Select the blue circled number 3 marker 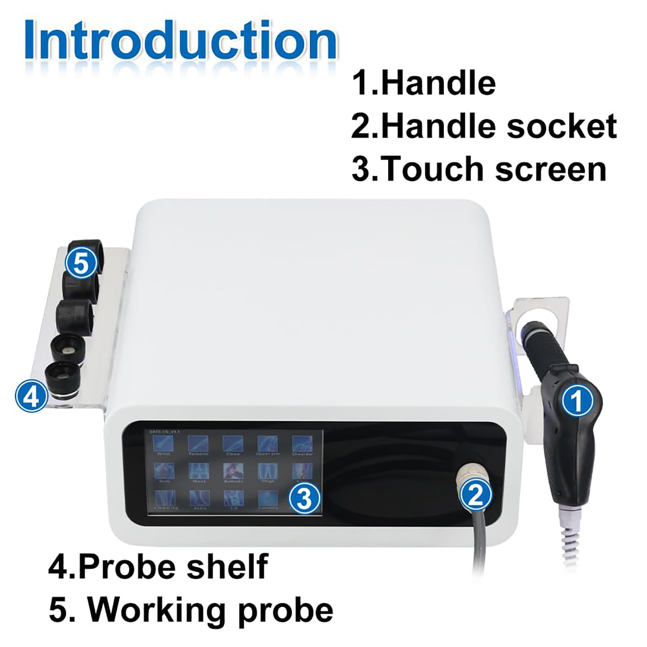click(304, 498)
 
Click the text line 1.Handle click(424, 83)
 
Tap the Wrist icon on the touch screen click(164, 444)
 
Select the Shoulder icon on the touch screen click(302, 444)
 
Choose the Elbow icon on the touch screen click(233, 444)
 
